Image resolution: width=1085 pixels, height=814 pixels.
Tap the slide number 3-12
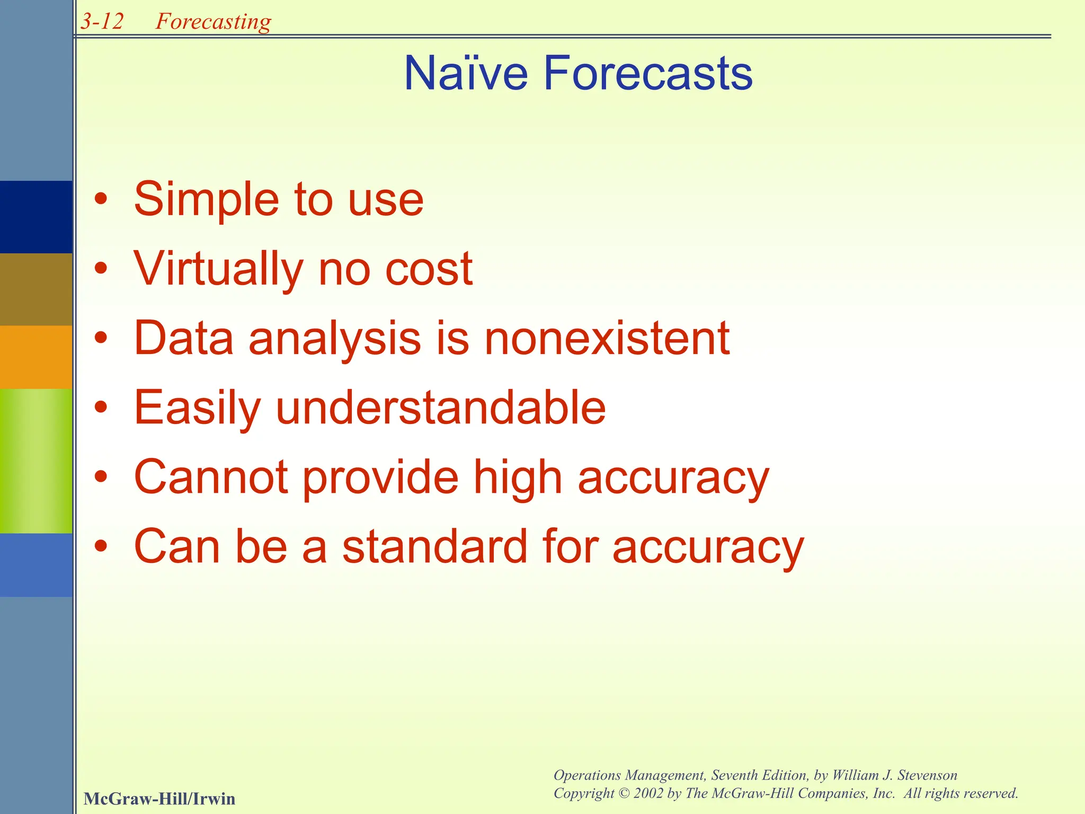pyautogui.click(x=102, y=22)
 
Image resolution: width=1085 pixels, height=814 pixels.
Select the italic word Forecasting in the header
pyautogui.click(x=213, y=22)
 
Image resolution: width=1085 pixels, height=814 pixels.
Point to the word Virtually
pyautogui.click(x=218, y=269)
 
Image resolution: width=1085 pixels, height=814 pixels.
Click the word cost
pyautogui.click(x=429, y=269)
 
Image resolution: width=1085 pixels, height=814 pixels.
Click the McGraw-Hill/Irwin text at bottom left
pyautogui.click(x=159, y=799)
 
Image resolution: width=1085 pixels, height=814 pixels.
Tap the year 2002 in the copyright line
pyautogui.click(x=648, y=793)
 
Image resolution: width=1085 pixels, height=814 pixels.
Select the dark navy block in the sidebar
pyautogui.click(x=36, y=217)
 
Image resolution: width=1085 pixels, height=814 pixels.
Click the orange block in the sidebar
pyautogui.click(x=36, y=357)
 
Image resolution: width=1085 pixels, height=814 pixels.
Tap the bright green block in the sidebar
pyautogui.click(x=36, y=461)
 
